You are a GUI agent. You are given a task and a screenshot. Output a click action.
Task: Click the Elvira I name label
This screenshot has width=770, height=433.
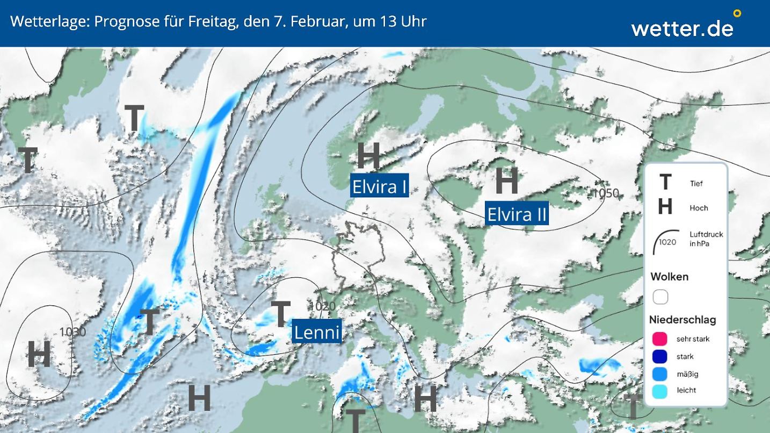click(x=379, y=186)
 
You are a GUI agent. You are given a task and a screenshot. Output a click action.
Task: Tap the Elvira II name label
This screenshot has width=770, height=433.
click(x=517, y=214)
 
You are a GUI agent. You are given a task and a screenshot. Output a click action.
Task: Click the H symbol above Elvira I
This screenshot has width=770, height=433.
click(x=369, y=156)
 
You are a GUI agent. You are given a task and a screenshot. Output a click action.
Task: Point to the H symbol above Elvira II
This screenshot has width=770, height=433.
click(x=506, y=181)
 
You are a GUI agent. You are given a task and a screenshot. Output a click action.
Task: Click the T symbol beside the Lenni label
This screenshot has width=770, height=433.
click(x=280, y=314)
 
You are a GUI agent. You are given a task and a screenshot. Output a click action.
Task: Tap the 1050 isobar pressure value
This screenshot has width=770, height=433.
click(x=606, y=193)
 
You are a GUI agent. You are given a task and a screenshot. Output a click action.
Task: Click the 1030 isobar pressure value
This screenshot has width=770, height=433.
click(x=72, y=332)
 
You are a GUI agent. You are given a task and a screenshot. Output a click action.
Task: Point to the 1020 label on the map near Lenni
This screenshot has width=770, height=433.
click(x=323, y=306)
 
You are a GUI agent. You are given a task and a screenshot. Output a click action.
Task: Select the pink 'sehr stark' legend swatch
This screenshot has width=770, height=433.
click(x=659, y=338)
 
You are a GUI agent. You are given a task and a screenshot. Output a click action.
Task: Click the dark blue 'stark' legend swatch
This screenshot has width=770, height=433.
click(x=659, y=356)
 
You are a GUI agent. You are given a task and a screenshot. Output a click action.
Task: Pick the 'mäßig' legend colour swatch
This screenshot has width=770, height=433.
click(x=659, y=374)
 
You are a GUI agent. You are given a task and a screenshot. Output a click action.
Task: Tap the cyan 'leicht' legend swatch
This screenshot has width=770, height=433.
click(x=659, y=391)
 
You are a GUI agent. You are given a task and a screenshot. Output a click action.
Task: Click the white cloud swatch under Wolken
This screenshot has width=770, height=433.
click(x=660, y=297)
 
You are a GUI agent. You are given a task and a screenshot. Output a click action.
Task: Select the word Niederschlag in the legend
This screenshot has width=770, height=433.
click(x=682, y=320)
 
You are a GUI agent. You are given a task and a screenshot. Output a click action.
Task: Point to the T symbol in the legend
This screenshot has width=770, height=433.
click(x=665, y=183)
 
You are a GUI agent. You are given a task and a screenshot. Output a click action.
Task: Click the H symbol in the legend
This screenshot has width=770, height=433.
click(x=665, y=206)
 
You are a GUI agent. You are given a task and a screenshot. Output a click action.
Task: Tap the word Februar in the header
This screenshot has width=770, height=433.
click(x=312, y=21)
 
